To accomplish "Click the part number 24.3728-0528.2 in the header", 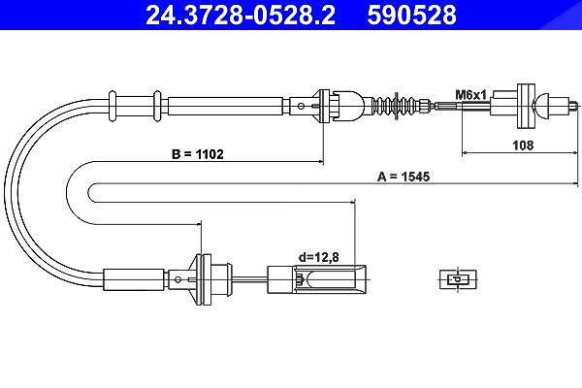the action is tap(241, 15).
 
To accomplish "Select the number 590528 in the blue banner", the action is tap(411, 15).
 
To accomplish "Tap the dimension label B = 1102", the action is tap(198, 154).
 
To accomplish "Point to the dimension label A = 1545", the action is tap(404, 177).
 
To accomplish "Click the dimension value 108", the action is tap(523, 145).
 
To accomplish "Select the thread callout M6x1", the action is tap(471, 95).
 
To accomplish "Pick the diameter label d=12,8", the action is tap(319, 257).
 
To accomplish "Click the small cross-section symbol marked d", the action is tap(458, 278).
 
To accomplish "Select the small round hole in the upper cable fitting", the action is tap(301, 106).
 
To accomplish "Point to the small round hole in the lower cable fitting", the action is tap(178, 279).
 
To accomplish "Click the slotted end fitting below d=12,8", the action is tap(316, 279).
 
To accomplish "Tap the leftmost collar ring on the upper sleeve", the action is tap(113, 106).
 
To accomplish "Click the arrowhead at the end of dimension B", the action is tap(320, 162).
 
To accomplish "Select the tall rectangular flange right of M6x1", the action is tap(526, 106).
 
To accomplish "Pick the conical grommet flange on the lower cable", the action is tap(201, 279).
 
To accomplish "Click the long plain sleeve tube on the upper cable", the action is tap(226, 106).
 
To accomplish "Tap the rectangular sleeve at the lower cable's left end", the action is tap(134, 279).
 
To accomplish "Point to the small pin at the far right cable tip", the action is tap(573, 106).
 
